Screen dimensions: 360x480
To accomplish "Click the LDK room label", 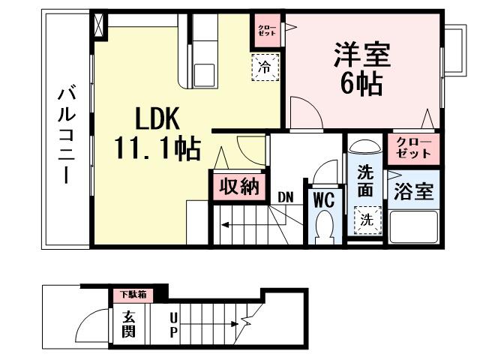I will point(158,118).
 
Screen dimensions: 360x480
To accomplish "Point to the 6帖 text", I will point(361,83).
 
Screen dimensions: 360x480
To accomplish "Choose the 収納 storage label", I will point(239,187).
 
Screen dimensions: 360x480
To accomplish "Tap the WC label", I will point(322,200).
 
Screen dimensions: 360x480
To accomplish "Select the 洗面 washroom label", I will point(365,180).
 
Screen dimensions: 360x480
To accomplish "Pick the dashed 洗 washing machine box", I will point(367,220).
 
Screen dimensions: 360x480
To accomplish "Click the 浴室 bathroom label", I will point(414,191).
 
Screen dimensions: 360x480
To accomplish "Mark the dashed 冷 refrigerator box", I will point(264,67).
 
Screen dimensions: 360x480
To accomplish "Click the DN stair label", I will point(285,197).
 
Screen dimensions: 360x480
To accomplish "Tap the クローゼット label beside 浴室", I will point(414,148).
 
